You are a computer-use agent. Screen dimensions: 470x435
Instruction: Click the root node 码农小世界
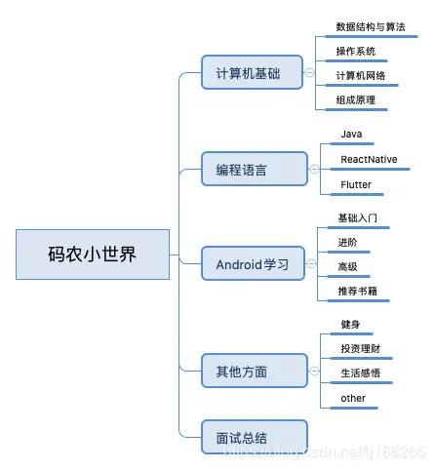point(93,255)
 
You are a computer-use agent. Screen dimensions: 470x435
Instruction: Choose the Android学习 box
point(253,263)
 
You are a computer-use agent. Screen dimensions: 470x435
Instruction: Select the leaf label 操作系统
point(356,51)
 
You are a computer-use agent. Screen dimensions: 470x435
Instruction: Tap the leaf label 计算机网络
point(360,75)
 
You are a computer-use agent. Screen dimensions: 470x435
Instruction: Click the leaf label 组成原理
point(356,99)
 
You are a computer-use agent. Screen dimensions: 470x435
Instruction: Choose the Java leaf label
point(351,134)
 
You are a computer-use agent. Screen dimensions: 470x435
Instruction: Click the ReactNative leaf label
point(369,158)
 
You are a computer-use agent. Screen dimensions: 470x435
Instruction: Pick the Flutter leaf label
point(356,183)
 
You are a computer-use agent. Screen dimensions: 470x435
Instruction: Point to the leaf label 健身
point(351,324)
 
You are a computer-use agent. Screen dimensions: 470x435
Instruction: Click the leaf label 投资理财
point(360,349)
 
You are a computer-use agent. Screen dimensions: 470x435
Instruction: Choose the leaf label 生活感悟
point(360,373)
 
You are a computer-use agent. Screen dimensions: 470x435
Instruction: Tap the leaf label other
point(353,398)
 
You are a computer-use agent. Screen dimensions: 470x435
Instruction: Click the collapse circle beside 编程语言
point(313,170)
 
